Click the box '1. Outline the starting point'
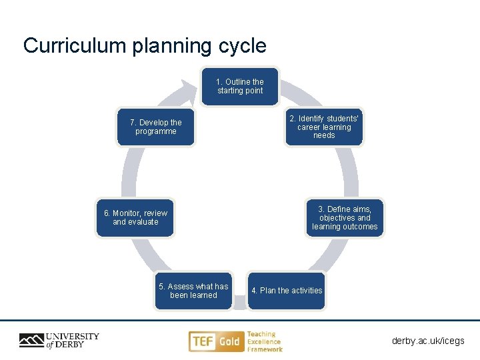pos(240,87)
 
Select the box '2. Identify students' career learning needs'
pos(324,127)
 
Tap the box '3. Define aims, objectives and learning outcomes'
pos(345,218)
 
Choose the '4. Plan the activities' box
pos(287,291)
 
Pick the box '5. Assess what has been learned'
pos(193,291)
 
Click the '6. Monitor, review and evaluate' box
pos(135,218)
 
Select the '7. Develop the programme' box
pos(156,127)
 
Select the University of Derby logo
pos(59,341)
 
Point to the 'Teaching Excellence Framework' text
pos(264,341)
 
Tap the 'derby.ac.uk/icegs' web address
pos(428,341)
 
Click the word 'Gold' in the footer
pos(229,341)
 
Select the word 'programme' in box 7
pos(156,131)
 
